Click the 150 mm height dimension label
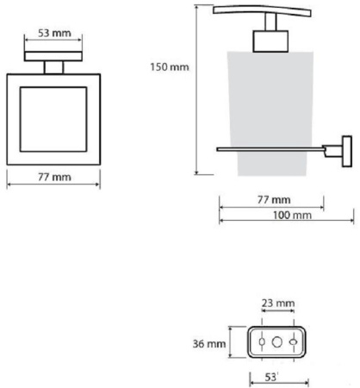click(x=170, y=67)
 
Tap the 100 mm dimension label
click(x=292, y=216)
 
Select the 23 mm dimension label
click(x=278, y=304)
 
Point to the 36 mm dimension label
click(x=209, y=344)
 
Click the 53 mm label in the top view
click(x=54, y=33)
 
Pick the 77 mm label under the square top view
click(x=54, y=177)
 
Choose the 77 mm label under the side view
click(x=274, y=200)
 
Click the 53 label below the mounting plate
click(x=270, y=378)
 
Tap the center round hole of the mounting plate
click(x=277, y=342)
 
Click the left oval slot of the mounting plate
click(x=262, y=342)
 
